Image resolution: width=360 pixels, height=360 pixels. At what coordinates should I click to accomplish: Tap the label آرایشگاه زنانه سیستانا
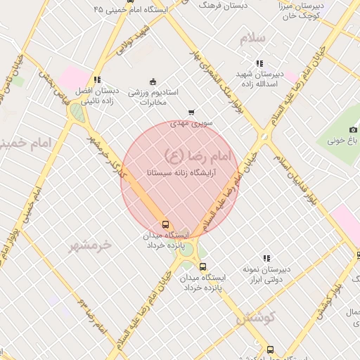pyautogui.click(x=181, y=172)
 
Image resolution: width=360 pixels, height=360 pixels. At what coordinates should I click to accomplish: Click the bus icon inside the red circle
pyautogui.click(x=165, y=224)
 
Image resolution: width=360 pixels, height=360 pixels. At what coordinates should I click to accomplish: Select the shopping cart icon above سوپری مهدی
pyautogui.click(x=191, y=112)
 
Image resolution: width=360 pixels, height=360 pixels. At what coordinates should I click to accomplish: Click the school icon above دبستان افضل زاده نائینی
pyautogui.click(x=97, y=79)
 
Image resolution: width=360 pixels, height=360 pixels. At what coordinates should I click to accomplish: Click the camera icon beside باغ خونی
pyautogui.click(x=353, y=129)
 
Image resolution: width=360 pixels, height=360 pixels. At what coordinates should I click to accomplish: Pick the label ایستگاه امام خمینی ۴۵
pyautogui.click(x=127, y=10)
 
